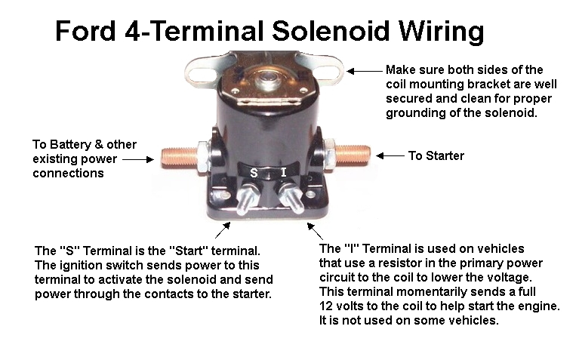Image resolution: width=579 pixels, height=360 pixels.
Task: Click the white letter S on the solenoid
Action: coord(254,173)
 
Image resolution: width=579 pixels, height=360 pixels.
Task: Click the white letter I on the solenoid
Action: coord(283,172)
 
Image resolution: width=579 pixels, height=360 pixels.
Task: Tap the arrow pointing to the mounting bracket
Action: coord(366,70)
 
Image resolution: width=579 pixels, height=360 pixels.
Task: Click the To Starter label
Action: coord(436,156)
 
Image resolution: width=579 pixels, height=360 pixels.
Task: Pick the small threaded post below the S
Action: coord(245,202)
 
